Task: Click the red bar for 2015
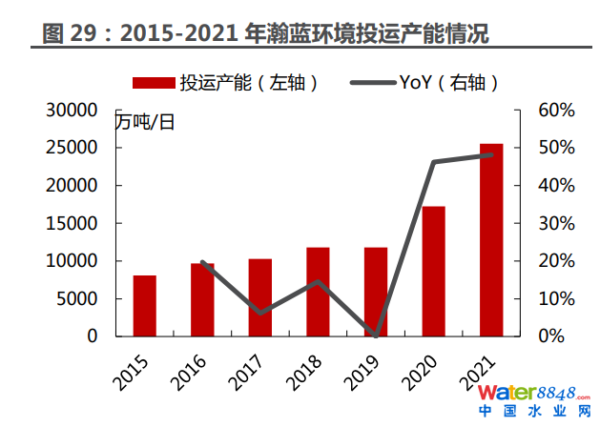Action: [144, 305]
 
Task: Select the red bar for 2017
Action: [259, 297]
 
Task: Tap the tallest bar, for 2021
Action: [491, 240]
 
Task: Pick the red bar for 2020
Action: [433, 272]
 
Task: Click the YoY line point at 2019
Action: [376, 335]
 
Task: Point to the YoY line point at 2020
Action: [433, 162]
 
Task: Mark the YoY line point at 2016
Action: [202, 262]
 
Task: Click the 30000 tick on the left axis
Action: [73, 110]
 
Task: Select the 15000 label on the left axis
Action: [73, 223]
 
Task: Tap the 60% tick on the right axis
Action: [555, 110]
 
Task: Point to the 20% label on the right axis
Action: [555, 260]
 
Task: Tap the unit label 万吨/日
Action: [146, 121]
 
